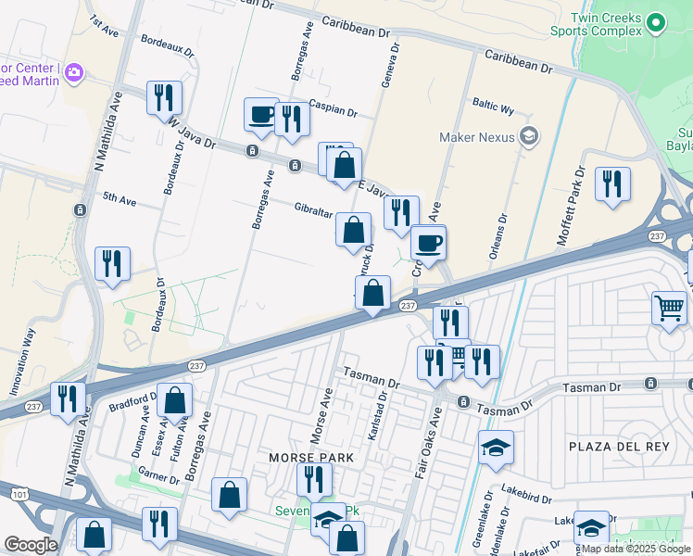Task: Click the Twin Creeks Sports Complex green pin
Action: click(x=656, y=21)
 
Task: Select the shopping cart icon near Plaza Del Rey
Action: click(x=669, y=307)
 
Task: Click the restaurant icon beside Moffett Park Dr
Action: click(x=612, y=183)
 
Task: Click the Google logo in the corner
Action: click(x=30, y=545)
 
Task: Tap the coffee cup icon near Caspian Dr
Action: click(x=261, y=115)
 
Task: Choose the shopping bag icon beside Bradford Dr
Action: click(x=174, y=400)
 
